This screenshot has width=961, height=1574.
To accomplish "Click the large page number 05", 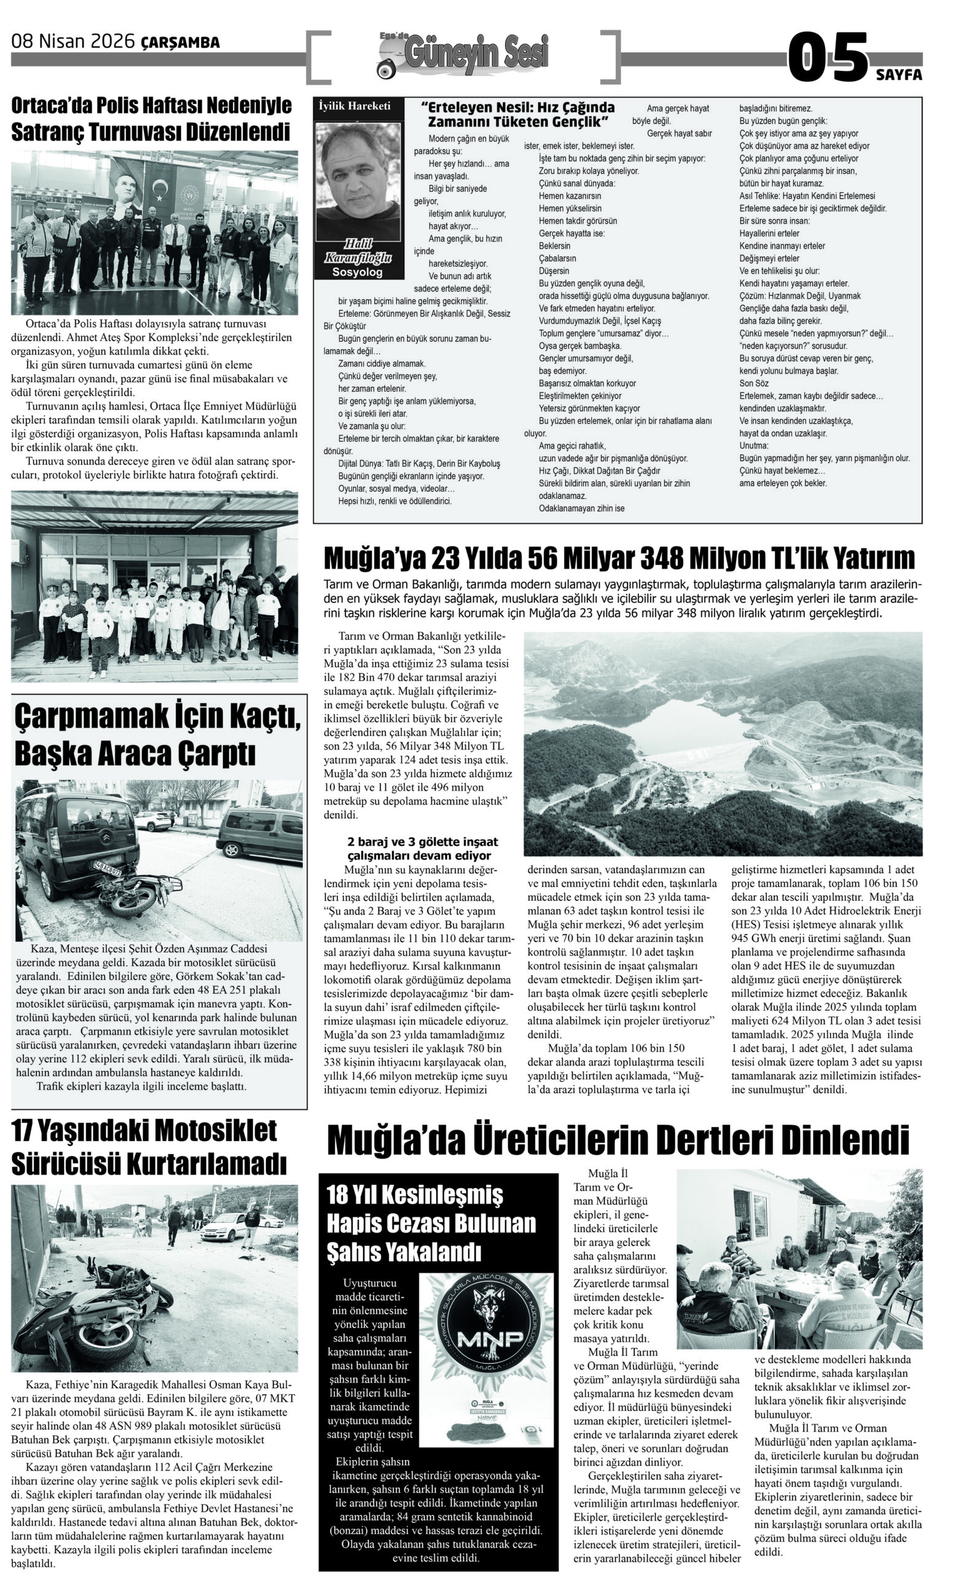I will pyautogui.click(x=828, y=58).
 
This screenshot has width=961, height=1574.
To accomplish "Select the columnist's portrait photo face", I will pyautogui.click(x=358, y=178).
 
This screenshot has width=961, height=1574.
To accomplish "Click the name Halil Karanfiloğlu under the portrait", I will pyautogui.click(x=358, y=250).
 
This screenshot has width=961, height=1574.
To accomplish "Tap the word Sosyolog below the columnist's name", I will pyautogui.click(x=358, y=272).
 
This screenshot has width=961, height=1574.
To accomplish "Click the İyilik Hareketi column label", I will pyautogui.click(x=355, y=106).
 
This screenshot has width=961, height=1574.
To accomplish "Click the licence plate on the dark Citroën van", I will pyautogui.click(x=107, y=868).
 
